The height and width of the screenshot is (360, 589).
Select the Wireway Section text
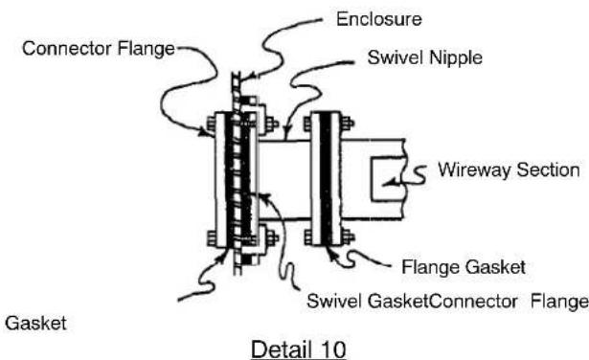pos(509,170)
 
